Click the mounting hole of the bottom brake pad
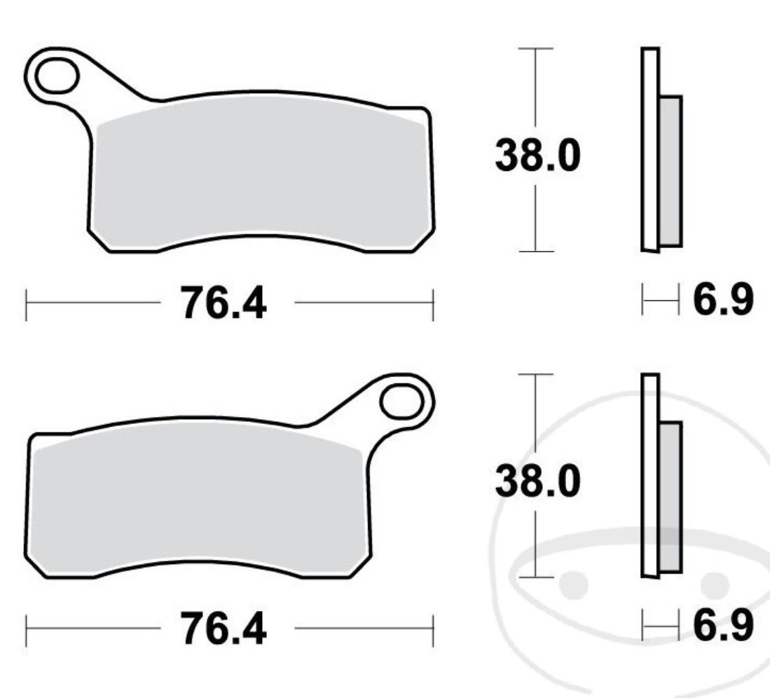pos(402,403)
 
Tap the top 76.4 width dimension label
pos(224,303)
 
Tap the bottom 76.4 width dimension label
pos(224,629)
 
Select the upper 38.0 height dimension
pos(537,156)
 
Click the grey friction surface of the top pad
pos(259,175)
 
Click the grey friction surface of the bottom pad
pos(196,501)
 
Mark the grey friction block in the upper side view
pos(671,171)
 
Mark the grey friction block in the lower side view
pos(671,496)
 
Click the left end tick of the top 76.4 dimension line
pos(26,303)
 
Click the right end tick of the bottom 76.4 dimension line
pos(433,629)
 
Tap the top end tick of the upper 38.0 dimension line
pos(536,49)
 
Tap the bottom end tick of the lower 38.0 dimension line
pos(536,577)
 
